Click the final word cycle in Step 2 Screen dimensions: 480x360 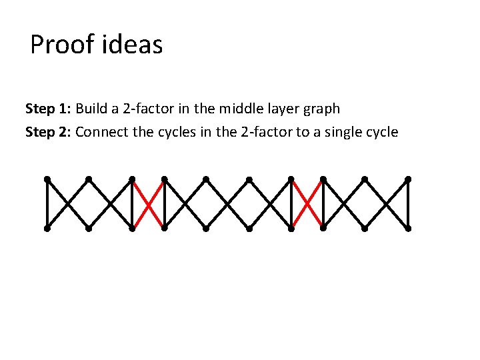click(381, 131)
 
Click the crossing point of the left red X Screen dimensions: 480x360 click(148, 203)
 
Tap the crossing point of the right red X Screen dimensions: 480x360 click(307, 203)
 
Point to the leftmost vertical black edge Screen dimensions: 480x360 click(47, 203)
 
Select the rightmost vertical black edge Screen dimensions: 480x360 click(408, 203)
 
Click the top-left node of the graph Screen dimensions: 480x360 click(47, 179)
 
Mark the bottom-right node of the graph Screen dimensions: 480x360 click(408, 228)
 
